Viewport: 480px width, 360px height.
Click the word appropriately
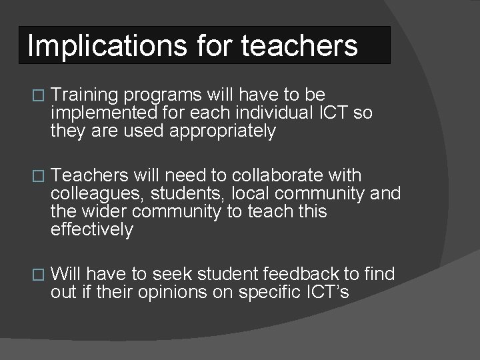click(x=222, y=131)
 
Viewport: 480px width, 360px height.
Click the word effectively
click(x=92, y=230)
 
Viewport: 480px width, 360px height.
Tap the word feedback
click(x=301, y=274)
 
